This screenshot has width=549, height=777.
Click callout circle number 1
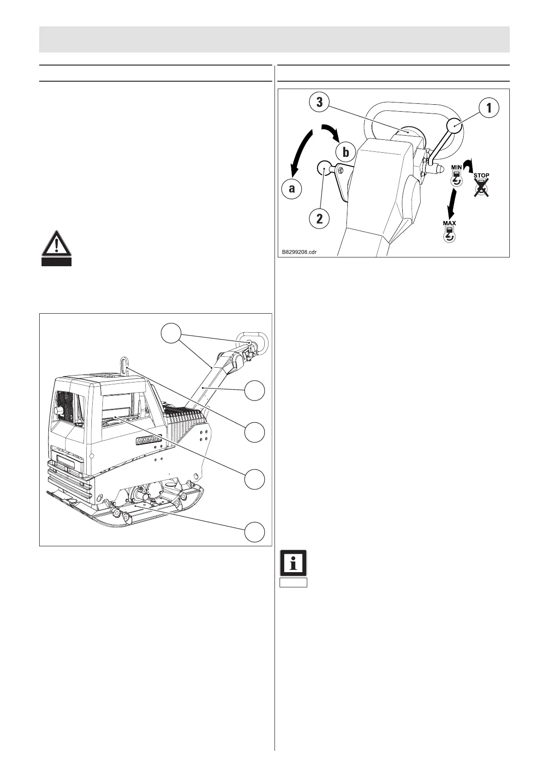point(489,108)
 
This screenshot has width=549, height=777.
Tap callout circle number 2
point(319,219)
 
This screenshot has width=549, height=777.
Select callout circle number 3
point(319,103)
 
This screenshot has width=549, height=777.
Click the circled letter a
point(292,189)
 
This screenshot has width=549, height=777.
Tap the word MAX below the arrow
point(449,223)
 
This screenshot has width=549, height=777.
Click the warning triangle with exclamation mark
point(56,244)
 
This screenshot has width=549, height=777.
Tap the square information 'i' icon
point(293,563)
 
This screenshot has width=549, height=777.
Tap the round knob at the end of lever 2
point(325,168)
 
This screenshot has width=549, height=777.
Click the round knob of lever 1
point(454,125)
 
